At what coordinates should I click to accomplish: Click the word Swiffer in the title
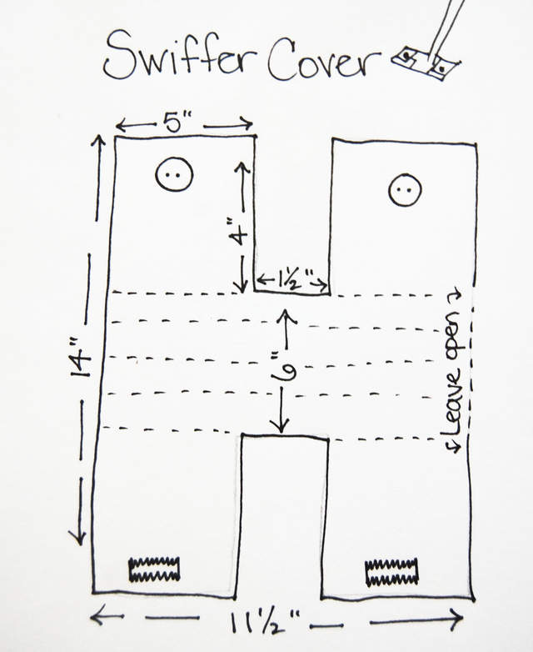(x=177, y=56)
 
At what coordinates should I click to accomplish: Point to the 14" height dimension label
(x=81, y=364)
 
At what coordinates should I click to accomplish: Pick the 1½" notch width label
(x=292, y=278)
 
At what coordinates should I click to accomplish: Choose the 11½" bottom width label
(x=265, y=623)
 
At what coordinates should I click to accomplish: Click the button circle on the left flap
(x=174, y=174)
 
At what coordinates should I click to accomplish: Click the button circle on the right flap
(x=405, y=190)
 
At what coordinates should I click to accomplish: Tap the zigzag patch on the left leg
(x=155, y=569)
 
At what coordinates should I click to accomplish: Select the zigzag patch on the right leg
(x=391, y=572)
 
